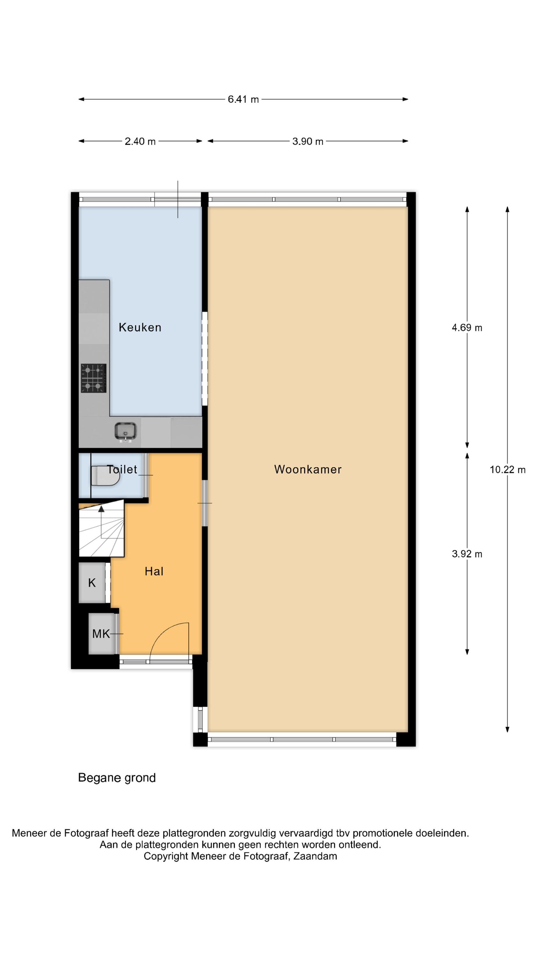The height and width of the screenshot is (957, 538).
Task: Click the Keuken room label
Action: click(x=140, y=327)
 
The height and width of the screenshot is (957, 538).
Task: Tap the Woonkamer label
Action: click(x=308, y=469)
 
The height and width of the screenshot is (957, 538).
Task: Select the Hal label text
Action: click(x=154, y=571)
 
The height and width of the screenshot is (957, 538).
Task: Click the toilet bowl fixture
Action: click(x=105, y=476)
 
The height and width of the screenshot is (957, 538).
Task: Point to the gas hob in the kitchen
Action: click(x=94, y=378)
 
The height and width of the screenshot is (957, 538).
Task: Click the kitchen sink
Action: click(x=126, y=431)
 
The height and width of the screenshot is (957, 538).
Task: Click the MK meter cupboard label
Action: click(x=101, y=634)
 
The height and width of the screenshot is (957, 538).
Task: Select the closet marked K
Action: click(x=92, y=582)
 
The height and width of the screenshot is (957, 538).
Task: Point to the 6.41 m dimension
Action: click(x=243, y=99)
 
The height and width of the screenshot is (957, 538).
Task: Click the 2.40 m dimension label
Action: click(x=140, y=141)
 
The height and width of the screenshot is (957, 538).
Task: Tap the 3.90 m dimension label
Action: click(x=308, y=141)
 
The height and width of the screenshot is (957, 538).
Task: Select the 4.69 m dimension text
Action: click(x=467, y=328)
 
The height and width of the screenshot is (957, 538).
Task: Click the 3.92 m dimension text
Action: click(x=467, y=554)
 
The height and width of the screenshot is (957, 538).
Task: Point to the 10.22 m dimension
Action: click(x=507, y=470)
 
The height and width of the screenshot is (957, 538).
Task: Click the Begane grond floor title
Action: click(x=117, y=778)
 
